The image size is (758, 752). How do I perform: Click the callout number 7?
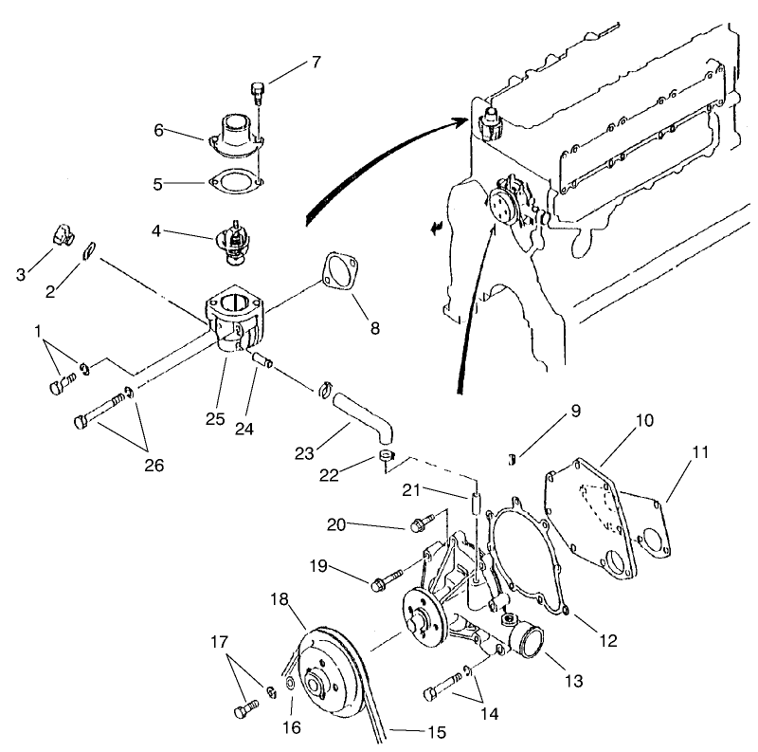pyautogui.click(x=316, y=64)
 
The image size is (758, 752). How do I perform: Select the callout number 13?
pyautogui.click(x=573, y=681)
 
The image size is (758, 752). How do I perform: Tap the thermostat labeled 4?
pyautogui.click(x=232, y=236)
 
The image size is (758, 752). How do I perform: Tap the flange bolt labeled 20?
pyautogui.click(x=422, y=523)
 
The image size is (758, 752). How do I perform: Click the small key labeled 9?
pyautogui.click(x=514, y=460)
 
